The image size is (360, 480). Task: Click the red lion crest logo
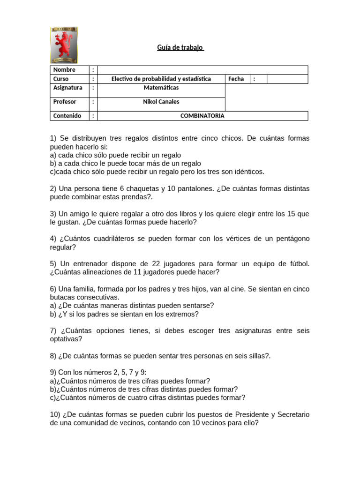(x=64, y=45)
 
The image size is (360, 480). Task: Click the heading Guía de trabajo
(x=180, y=47)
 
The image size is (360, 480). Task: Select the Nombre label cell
(x=64, y=70)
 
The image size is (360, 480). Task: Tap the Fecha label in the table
(x=236, y=79)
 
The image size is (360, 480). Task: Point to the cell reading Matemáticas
(x=161, y=88)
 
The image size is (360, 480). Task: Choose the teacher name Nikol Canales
(x=161, y=102)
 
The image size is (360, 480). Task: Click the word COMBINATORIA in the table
(x=202, y=116)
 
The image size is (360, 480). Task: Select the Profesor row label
(x=65, y=102)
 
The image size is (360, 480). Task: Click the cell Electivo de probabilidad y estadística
(x=161, y=79)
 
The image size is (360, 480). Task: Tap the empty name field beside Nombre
(x=202, y=70)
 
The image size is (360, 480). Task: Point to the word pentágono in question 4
(x=290, y=239)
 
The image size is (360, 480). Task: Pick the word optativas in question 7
(x=66, y=339)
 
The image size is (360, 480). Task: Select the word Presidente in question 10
(x=254, y=414)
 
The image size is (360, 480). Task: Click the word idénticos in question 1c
(x=248, y=172)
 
